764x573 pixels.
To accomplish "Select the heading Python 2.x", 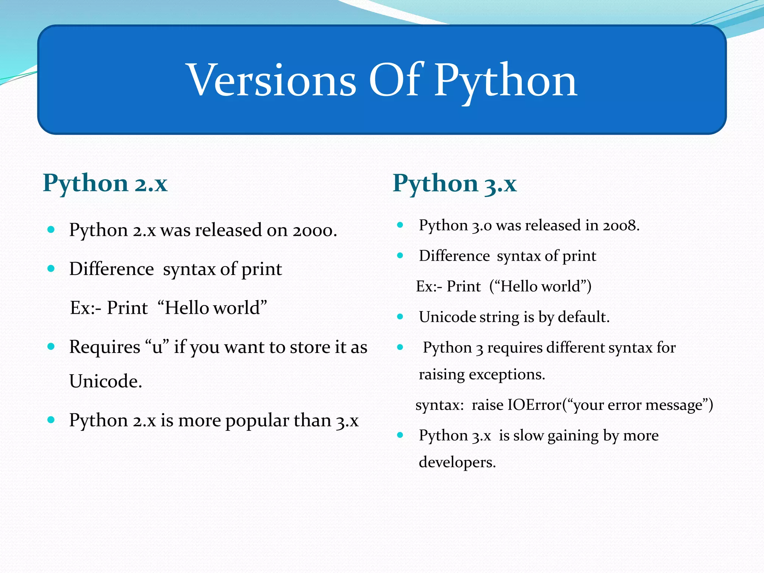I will [105, 183].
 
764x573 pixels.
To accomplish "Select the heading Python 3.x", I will [455, 183].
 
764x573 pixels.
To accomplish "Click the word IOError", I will [535, 405].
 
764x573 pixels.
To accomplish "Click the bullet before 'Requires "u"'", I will [51, 347].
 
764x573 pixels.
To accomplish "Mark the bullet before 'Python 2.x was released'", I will [51, 229].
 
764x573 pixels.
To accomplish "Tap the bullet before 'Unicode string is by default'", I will [400, 317].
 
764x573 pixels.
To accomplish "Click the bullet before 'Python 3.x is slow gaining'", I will [400, 435].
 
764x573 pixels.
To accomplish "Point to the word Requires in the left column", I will [105, 347].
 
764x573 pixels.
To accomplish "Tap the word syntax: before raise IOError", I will [439, 405].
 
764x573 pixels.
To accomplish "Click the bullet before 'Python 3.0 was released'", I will [400, 225].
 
